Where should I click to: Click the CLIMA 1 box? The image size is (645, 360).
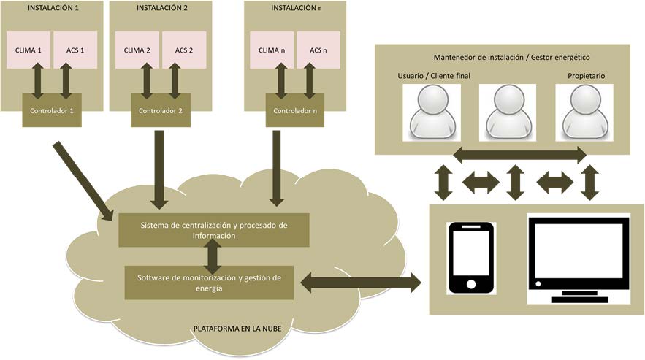point(28,50)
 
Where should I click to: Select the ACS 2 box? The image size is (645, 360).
point(184,50)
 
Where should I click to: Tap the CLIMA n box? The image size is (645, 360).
point(272,50)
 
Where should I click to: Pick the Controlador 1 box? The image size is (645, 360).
point(52,110)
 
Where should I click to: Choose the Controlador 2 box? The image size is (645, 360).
point(161,110)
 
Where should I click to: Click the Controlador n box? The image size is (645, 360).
point(295,110)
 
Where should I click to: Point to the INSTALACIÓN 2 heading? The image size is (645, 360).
point(161,8)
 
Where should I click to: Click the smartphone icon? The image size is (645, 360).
point(471,258)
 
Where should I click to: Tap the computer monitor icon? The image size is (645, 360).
point(579,258)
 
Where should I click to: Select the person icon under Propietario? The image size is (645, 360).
point(584,112)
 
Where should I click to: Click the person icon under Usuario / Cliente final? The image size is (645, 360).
point(432,112)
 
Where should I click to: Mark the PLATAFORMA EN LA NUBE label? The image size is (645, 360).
point(237,329)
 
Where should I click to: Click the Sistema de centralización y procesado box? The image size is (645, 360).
point(214,230)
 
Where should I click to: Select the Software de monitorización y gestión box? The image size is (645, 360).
point(210,283)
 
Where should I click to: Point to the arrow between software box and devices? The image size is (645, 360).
point(361,283)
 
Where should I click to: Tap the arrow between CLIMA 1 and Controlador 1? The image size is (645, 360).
point(38,80)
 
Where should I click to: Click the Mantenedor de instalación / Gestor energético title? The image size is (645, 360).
point(511,58)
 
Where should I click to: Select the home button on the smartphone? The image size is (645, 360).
point(471,284)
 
